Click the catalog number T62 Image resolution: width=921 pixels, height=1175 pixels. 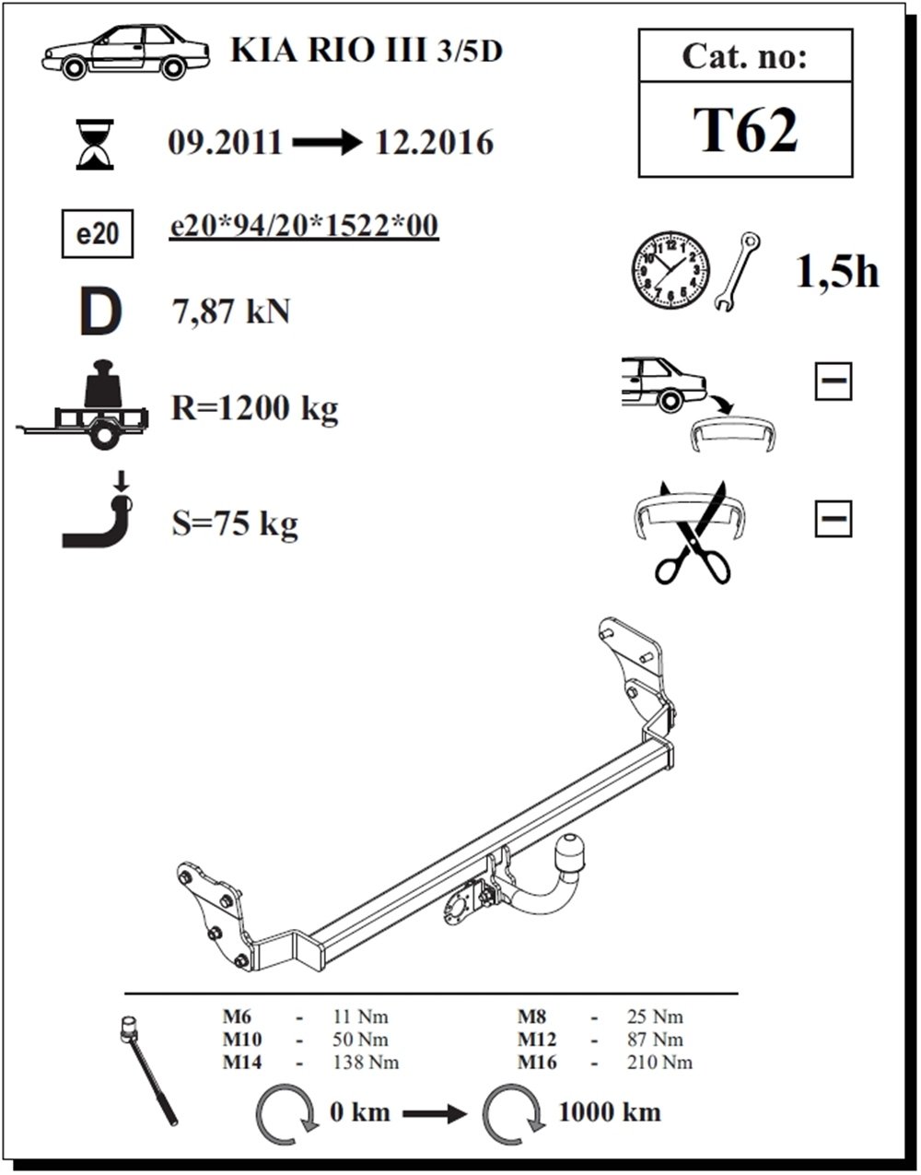745,130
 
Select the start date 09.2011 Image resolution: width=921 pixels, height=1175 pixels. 225,144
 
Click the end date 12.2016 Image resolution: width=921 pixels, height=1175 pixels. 434,144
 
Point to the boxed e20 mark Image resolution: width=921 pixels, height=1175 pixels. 97,234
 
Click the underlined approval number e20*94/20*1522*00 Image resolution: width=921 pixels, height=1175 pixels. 304,227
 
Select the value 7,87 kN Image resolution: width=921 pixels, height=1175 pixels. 231,312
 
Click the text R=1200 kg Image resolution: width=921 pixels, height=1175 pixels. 254,407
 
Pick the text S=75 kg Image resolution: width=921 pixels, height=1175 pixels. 235,523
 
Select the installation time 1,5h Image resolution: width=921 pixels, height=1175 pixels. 836,272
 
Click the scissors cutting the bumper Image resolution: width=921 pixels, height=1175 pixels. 693,535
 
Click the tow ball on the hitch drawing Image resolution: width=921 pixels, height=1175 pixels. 572,852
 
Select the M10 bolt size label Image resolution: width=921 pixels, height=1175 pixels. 242,1040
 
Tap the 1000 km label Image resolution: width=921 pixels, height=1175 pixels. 609,1111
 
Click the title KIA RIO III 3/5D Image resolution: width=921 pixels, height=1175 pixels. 367,51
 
